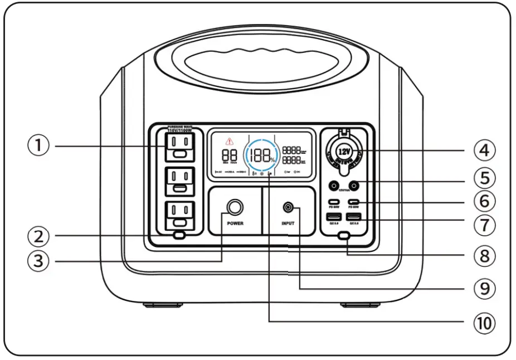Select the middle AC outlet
pyautogui.click(x=178, y=181)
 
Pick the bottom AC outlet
pyautogui.click(x=178, y=215)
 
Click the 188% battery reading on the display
pyautogui.click(x=262, y=155)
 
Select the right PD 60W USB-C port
pyautogui.click(x=353, y=202)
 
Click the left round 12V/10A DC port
pyautogui.click(x=334, y=186)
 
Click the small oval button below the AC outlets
pyautogui.click(x=178, y=235)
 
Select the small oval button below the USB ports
pyautogui.click(x=344, y=236)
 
